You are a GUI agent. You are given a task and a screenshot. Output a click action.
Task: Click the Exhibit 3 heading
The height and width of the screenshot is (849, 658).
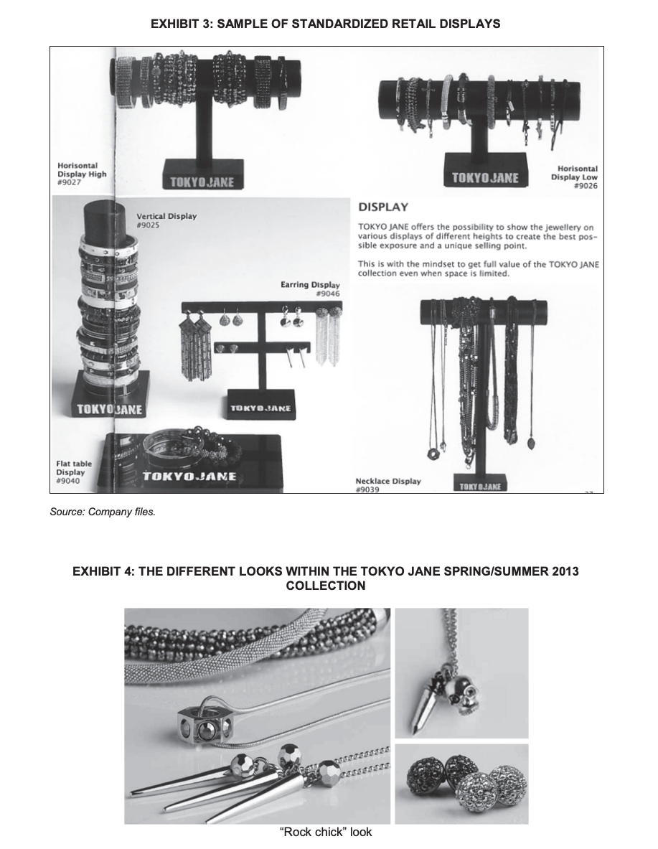(x=325, y=24)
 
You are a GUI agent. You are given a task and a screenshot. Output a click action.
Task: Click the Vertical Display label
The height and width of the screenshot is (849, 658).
(x=166, y=216)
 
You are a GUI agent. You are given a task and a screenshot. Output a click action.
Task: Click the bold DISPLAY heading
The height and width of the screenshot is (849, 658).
(x=383, y=207)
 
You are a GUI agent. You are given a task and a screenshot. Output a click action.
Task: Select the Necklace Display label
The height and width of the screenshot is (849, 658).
(x=388, y=481)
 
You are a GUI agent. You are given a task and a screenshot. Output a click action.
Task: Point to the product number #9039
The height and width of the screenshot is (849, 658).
(x=366, y=490)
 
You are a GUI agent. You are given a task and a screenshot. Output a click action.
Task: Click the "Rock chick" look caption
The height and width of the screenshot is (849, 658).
(x=325, y=832)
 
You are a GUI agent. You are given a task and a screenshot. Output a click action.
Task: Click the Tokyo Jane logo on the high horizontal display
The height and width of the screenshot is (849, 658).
(x=202, y=181)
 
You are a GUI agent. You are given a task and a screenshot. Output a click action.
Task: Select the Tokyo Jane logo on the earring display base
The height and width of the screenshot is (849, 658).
(x=259, y=408)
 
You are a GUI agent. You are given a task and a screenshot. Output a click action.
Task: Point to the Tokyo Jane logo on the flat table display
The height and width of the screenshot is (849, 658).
(x=189, y=477)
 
